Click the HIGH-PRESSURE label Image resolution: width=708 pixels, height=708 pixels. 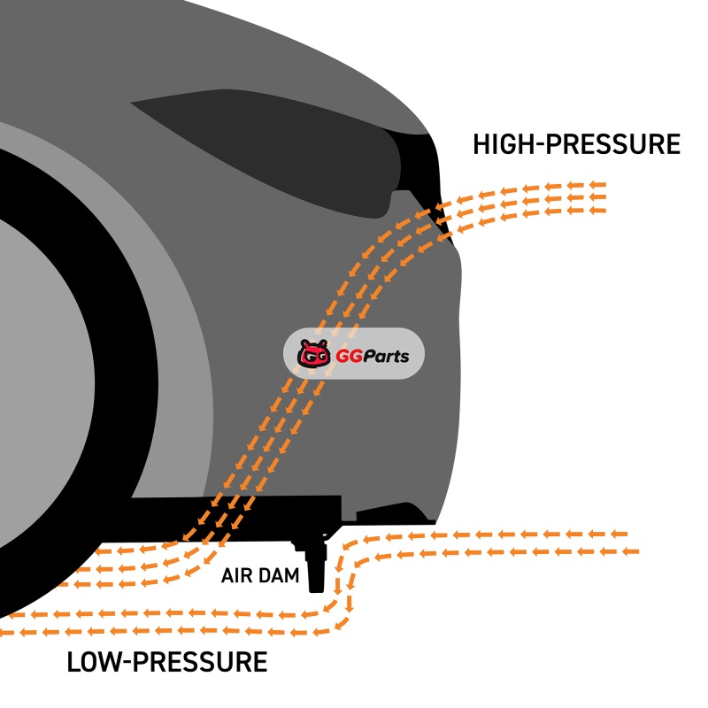[576, 144]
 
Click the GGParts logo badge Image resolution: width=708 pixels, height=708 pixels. [353, 357]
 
